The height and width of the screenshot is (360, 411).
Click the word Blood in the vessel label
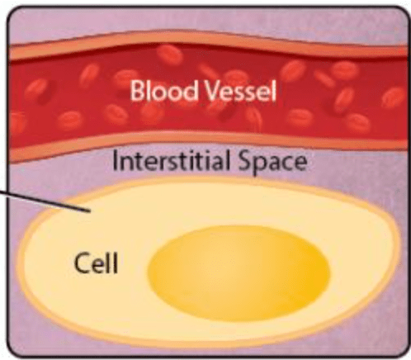pyautogui.click(x=163, y=90)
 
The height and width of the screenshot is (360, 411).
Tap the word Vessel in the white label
pyautogui.click(x=240, y=91)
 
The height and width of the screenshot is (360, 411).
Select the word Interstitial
pyautogui.click(x=171, y=160)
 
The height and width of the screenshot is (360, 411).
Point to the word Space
pyautogui.click(x=272, y=163)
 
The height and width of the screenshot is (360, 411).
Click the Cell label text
pyautogui.click(x=96, y=263)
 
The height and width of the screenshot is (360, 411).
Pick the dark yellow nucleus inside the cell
pyautogui.click(x=239, y=273)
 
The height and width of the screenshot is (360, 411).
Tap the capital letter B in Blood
pyautogui.click(x=138, y=91)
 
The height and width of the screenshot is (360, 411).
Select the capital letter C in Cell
pyautogui.click(x=83, y=263)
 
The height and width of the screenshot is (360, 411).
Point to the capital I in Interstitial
pyautogui.click(x=115, y=160)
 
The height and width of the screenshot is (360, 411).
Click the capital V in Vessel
pyautogui.click(x=212, y=91)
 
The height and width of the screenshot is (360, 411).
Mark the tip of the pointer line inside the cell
pyautogui.click(x=91, y=211)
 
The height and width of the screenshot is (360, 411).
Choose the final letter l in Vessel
pyautogui.click(x=274, y=91)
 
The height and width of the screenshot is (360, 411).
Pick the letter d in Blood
pyautogui.click(x=191, y=91)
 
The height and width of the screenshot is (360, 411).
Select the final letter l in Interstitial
pyautogui.click(x=227, y=160)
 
